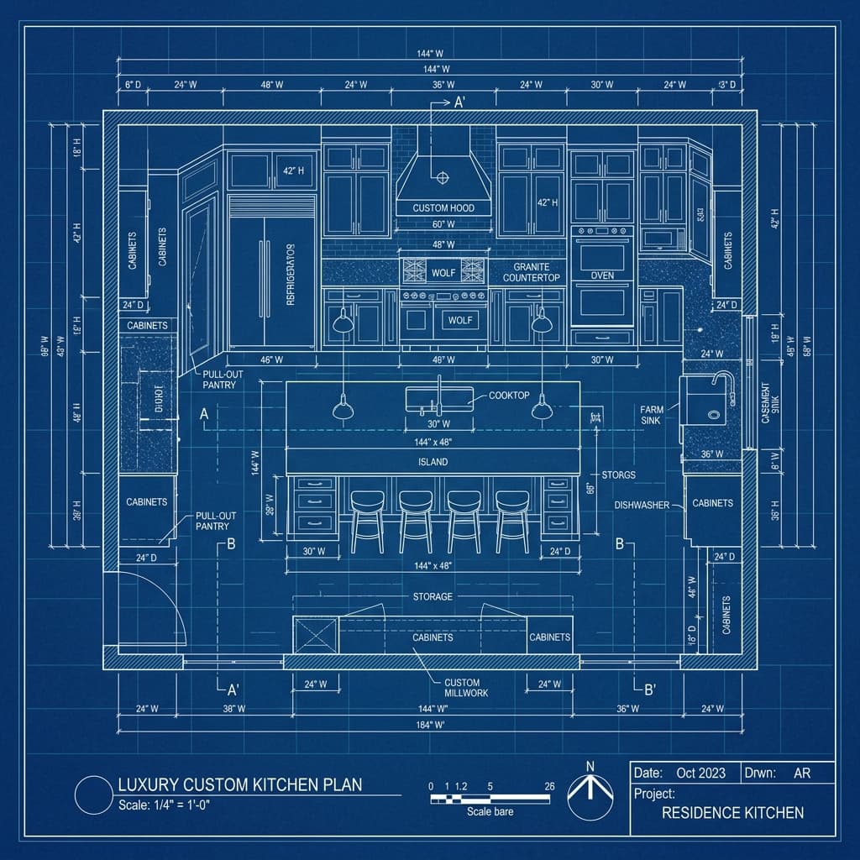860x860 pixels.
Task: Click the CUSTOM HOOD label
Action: tap(443, 207)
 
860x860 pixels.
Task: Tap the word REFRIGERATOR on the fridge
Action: tap(291, 274)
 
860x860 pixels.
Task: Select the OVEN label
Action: tap(602, 275)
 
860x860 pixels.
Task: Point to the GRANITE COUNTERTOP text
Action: tap(532, 271)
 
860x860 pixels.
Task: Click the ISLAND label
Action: tap(433, 462)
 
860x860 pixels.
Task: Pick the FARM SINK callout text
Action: tap(651, 414)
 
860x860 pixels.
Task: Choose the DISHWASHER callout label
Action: tap(641, 506)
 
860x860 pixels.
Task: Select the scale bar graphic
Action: tap(490, 799)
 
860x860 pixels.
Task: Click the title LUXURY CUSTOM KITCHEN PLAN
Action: tap(239, 785)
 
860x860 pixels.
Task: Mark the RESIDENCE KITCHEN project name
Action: tap(732, 812)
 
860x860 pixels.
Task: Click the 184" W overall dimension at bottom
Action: tap(429, 725)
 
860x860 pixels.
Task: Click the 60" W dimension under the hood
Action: tap(443, 225)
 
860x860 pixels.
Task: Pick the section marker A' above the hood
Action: tap(459, 103)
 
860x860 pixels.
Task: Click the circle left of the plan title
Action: tap(92, 794)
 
